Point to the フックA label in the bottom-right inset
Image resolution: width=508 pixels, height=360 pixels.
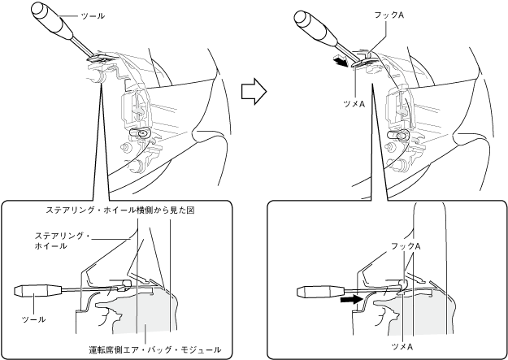point(406,245)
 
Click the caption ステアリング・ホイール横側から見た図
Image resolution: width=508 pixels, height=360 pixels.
point(121,210)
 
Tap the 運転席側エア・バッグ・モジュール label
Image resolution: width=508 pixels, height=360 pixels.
point(154,349)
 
